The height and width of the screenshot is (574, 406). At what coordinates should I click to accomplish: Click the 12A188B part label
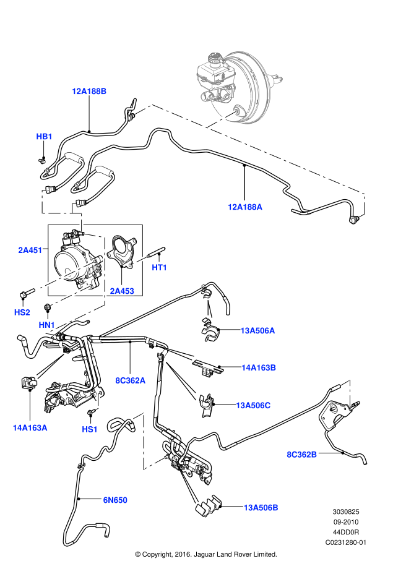click(89, 92)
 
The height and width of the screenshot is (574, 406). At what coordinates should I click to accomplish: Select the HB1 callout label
click(44, 137)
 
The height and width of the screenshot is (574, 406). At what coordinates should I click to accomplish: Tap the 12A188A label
click(245, 207)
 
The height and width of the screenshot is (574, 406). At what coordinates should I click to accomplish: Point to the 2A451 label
click(30, 251)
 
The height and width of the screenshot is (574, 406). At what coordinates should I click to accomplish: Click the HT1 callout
click(160, 268)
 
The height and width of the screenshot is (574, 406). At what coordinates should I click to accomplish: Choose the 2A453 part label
click(122, 291)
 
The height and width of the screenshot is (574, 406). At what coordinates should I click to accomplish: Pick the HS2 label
click(22, 313)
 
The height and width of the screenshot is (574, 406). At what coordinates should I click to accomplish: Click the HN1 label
click(47, 325)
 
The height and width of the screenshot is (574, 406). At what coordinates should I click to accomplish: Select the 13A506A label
click(257, 331)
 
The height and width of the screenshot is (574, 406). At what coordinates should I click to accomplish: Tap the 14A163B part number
click(259, 368)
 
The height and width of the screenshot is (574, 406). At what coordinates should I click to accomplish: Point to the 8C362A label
click(131, 381)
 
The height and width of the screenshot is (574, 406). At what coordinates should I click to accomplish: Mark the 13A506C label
click(253, 406)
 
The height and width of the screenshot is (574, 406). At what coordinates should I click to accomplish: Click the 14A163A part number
click(30, 428)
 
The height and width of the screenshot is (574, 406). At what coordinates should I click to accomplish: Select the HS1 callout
click(90, 429)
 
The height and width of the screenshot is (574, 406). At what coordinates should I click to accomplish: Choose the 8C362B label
click(302, 455)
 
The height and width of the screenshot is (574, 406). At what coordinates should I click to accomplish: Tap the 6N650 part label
click(115, 500)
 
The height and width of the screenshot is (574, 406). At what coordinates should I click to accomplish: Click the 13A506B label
click(261, 508)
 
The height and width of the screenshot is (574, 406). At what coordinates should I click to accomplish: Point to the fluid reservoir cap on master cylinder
click(215, 59)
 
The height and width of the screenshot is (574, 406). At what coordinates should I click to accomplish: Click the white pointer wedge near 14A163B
click(180, 354)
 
